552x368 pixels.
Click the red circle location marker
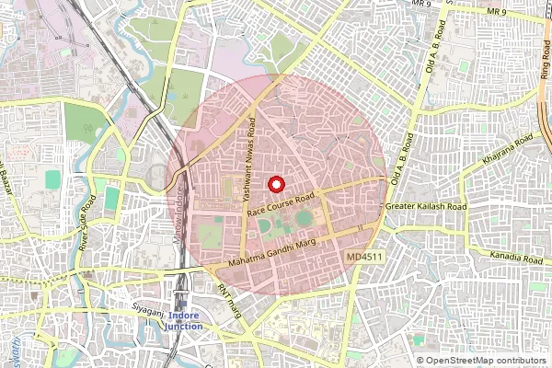tap(275, 183)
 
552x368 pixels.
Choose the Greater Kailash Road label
tap(426, 207)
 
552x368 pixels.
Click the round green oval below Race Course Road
tap(304, 219)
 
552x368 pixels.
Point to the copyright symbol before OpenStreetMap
tap(420, 361)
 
